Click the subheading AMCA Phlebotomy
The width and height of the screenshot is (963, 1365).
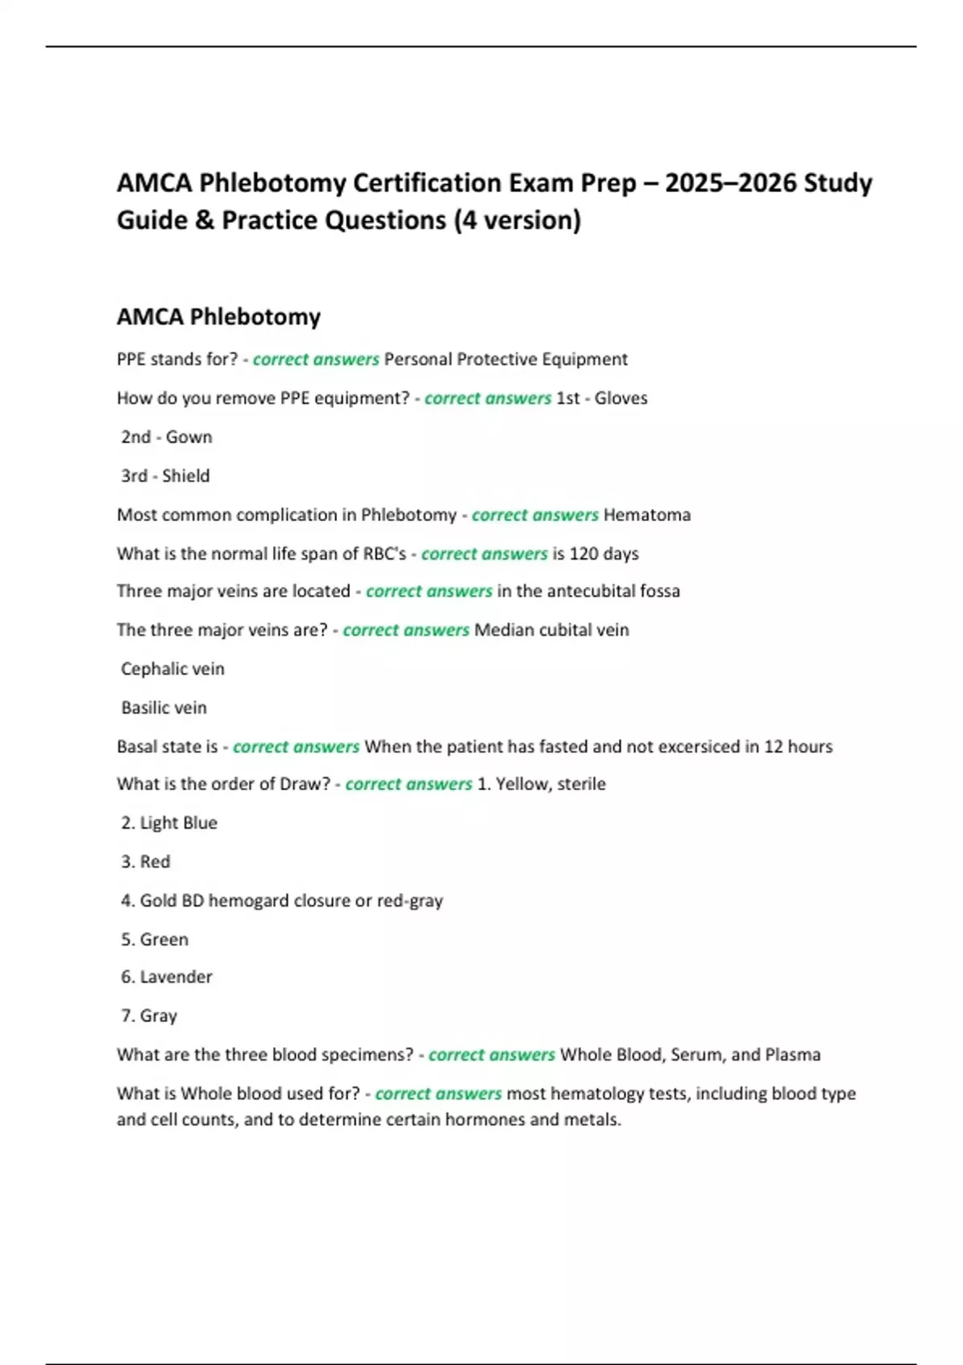click(218, 316)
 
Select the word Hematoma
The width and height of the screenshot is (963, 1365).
click(647, 515)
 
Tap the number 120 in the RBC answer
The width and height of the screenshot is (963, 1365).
click(583, 553)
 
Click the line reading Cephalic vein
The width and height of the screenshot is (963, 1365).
click(173, 669)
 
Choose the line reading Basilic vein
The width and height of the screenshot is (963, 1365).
click(164, 707)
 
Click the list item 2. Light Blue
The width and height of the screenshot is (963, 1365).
click(169, 823)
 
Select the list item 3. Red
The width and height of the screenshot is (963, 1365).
click(146, 862)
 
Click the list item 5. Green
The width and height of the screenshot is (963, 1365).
click(155, 939)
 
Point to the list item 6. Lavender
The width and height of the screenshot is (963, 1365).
click(167, 977)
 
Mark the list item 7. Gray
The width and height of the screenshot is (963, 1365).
click(149, 1016)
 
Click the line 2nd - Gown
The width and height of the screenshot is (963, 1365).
click(167, 437)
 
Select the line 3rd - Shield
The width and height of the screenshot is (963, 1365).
click(165, 476)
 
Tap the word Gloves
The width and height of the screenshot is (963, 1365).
click(620, 398)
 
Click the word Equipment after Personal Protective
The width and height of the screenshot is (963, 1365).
click(584, 359)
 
